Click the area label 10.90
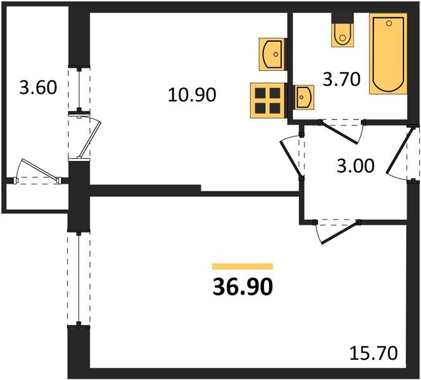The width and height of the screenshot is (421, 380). coord(192,95)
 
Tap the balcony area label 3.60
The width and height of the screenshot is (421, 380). coord(38,87)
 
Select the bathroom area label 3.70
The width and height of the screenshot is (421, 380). coord(341,80)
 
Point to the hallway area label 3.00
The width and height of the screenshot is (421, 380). coord(356,166)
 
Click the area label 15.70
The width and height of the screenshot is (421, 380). coord(374,353)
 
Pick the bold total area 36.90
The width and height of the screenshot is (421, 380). coord(242,287)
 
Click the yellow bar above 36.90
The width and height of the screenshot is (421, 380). coord(242,267)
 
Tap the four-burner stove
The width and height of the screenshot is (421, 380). coord(267,101)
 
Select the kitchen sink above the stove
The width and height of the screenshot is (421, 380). coord(272,54)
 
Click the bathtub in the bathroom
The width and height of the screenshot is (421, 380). coord(388,54)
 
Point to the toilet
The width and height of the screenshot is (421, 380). coord(342,35)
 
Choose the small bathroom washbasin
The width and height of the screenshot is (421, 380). coord(305,97)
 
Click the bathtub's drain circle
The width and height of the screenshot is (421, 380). coord(389,23)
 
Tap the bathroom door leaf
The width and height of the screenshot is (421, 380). coord(339,133)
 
